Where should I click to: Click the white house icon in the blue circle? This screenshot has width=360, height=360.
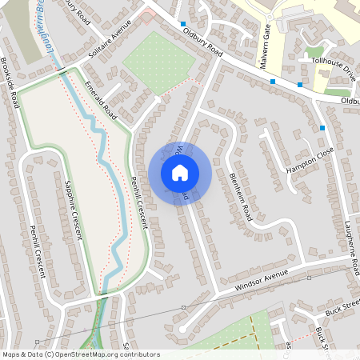coord(180,172)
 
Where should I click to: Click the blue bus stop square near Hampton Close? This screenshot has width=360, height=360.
coord(322,128)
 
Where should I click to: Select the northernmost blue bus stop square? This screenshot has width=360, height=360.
coord(183,24)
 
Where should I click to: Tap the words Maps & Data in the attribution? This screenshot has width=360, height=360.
coord(21,354)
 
